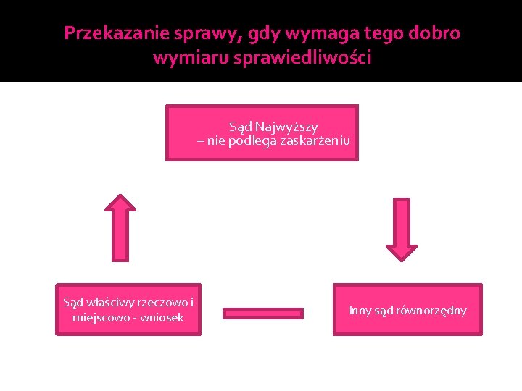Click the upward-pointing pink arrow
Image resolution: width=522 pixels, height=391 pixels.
[120, 227]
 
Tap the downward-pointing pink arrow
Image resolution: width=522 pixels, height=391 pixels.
[402, 229]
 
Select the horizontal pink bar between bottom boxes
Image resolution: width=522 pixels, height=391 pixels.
[262, 313]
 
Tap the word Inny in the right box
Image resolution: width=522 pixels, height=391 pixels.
[360, 311]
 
